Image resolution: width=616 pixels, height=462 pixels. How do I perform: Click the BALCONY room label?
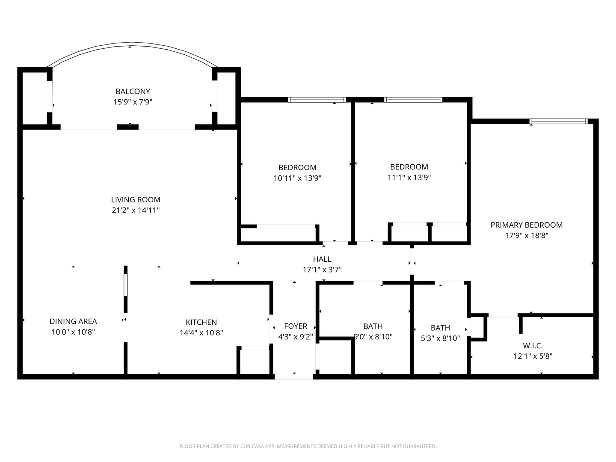tap(133, 92)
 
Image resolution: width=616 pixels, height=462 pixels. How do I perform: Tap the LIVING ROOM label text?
tap(136, 200)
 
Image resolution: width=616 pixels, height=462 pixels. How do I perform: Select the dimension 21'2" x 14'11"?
tap(136, 210)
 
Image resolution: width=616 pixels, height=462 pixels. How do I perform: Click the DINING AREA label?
tap(73, 321)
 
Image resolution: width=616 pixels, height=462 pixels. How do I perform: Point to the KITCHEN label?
tap(201, 322)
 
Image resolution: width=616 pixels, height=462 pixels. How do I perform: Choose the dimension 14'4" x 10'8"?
tap(201, 333)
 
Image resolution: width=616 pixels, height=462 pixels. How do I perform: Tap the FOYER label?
tap(295, 326)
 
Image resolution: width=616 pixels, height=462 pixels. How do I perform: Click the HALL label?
tap(322, 259)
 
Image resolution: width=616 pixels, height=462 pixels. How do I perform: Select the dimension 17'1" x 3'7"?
tap(322, 270)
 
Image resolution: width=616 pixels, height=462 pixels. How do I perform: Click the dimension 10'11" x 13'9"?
tap(297, 178)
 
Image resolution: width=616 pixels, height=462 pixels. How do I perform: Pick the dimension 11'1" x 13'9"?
tap(409, 178)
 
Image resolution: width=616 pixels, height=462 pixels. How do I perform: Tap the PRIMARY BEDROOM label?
tap(526, 225)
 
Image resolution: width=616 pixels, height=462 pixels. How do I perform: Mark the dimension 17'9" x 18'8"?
tap(526, 236)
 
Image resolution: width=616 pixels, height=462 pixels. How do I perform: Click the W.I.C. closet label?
tap(533, 346)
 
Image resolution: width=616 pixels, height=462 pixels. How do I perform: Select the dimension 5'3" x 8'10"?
tap(440, 338)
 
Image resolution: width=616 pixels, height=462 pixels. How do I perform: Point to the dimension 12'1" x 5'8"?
tap(533, 356)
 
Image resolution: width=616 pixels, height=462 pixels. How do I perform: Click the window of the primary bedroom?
tap(558, 122)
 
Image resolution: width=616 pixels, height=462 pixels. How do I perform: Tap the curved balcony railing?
tap(132, 44)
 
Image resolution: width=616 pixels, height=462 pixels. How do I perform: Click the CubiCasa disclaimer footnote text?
tap(308, 447)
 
